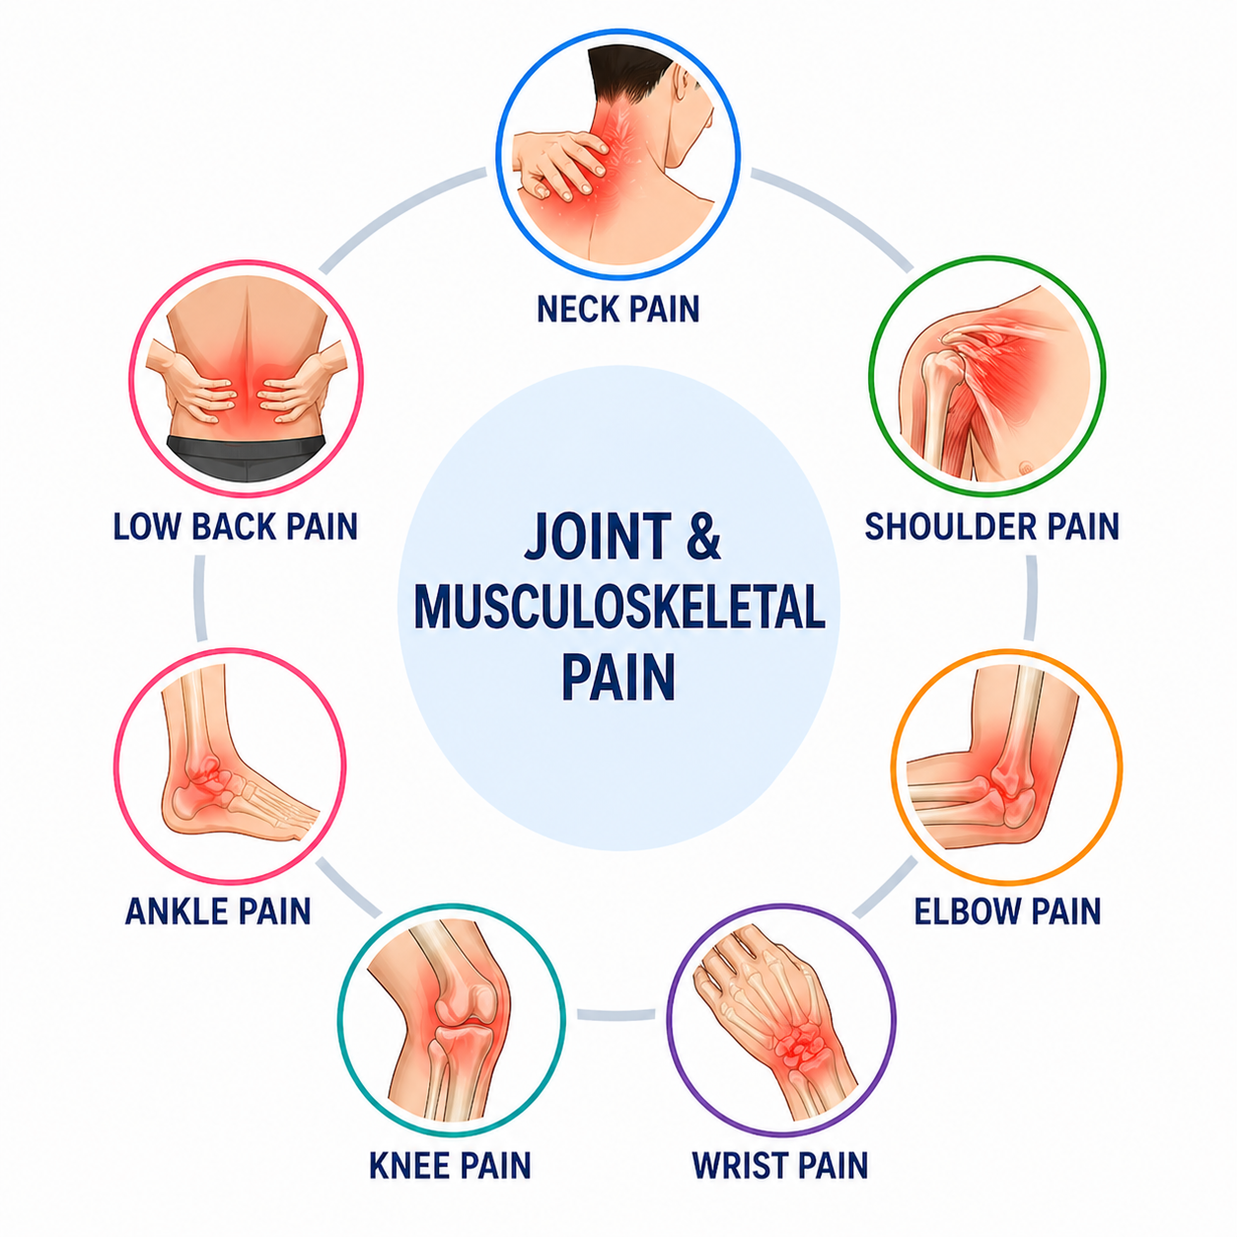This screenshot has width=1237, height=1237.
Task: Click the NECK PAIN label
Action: click(618, 309)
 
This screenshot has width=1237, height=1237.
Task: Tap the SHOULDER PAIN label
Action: click(991, 527)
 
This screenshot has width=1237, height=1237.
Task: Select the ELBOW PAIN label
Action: click(1007, 911)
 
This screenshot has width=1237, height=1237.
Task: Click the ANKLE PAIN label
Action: click(218, 911)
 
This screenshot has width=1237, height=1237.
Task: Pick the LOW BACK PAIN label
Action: click(236, 527)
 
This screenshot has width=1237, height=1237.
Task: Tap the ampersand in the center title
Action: click(703, 535)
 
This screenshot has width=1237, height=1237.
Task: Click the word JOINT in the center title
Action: click(598, 535)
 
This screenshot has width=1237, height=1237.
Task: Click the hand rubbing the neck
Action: click(559, 162)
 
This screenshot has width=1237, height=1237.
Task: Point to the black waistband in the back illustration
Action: click(248, 457)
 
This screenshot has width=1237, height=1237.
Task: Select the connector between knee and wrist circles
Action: click(616, 1014)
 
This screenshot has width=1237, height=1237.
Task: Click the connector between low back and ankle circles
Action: click(200, 598)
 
